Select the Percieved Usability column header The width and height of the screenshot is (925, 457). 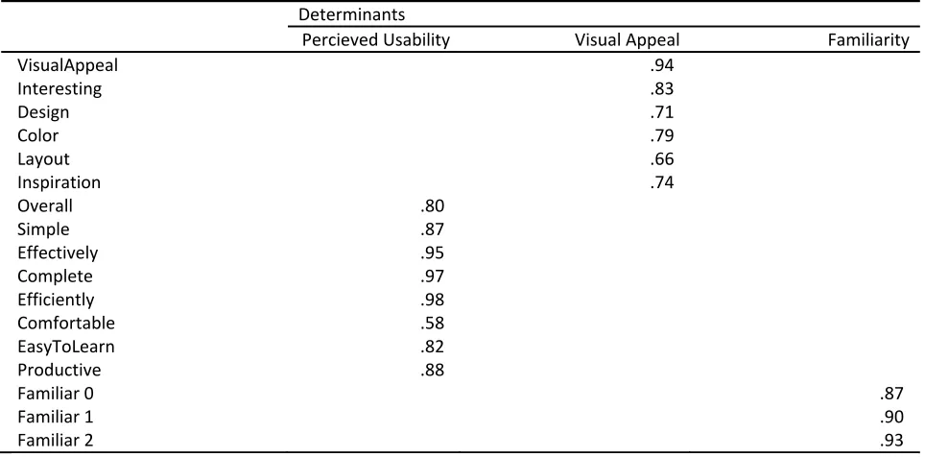point(376,39)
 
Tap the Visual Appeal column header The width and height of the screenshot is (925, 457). point(628,39)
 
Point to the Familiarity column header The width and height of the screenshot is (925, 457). point(868,39)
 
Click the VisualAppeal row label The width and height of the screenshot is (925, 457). point(67,65)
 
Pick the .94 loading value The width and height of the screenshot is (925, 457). point(662,65)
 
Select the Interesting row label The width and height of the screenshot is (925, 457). point(59,88)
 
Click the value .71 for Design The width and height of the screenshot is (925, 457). point(662,111)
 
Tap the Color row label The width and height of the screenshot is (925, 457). point(37,135)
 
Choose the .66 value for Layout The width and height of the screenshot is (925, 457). point(662,158)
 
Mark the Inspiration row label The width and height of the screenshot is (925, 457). point(59,182)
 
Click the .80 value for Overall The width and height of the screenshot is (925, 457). point(433,205)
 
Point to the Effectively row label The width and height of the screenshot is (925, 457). point(58,253)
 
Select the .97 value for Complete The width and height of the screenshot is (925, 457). point(433,276)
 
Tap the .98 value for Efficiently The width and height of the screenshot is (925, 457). point(433,300)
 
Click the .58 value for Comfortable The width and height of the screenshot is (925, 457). point(433,323)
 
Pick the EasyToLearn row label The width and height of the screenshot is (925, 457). point(65,346)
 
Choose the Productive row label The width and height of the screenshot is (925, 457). point(59,370)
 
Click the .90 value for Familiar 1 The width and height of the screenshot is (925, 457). point(891,417)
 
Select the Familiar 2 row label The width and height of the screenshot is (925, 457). point(55,440)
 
